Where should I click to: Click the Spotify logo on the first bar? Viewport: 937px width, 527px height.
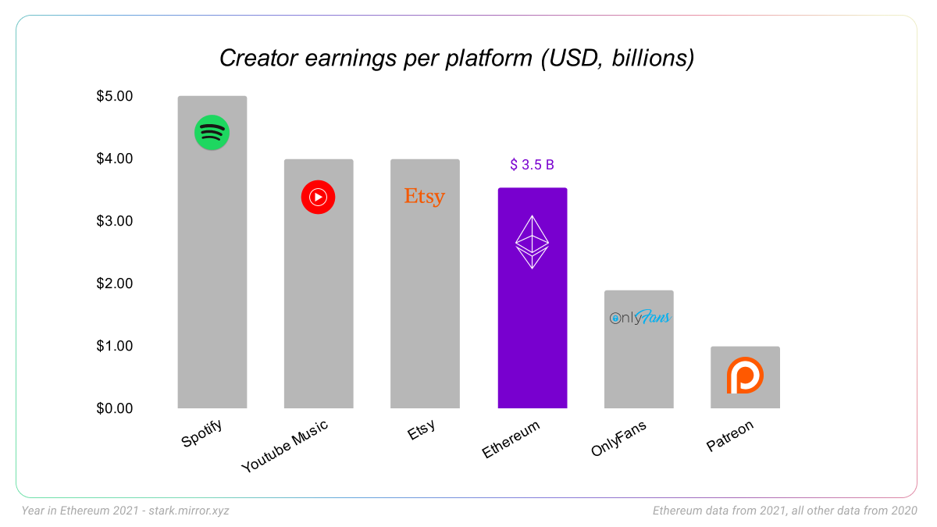(212, 133)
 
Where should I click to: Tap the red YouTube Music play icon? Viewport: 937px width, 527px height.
(318, 197)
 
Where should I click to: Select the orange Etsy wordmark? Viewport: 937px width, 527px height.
(424, 197)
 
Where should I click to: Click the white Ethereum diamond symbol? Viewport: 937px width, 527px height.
(532, 242)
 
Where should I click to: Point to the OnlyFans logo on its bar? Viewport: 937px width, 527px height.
(640, 318)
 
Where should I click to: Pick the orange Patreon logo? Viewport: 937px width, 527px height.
(745, 376)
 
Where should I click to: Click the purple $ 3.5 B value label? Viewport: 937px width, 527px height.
(532, 165)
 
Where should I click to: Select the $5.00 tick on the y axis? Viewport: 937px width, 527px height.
(115, 96)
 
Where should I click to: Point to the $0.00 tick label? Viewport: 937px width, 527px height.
(115, 408)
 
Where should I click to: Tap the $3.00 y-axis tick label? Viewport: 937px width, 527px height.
(115, 221)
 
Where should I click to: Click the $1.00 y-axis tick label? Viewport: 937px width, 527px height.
(115, 346)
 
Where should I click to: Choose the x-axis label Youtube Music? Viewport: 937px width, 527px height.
(285, 447)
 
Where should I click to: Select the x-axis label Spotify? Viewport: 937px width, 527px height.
(202, 433)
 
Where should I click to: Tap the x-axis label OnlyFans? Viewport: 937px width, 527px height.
(619, 439)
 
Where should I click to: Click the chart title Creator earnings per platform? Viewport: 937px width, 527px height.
(457, 59)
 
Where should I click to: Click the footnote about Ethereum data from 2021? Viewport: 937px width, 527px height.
(785, 511)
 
